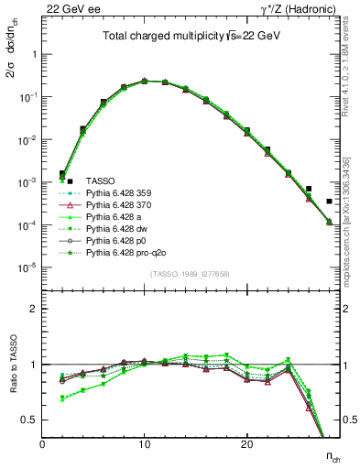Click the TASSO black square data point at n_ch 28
[329, 202]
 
